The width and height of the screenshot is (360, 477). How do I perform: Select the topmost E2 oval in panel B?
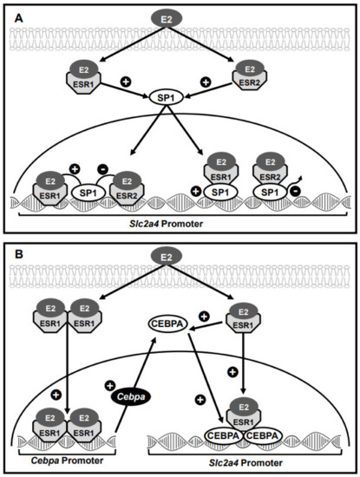point(180,255)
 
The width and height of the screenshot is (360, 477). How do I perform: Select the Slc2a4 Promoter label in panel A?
point(180,226)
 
